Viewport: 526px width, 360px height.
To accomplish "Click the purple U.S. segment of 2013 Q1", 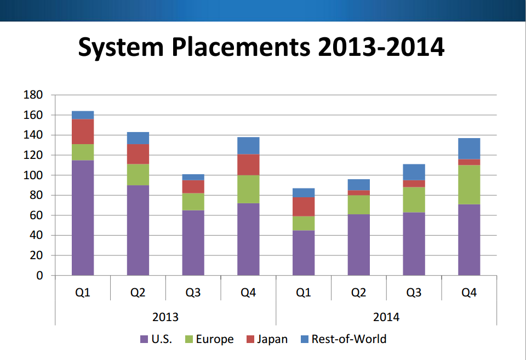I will (x=83, y=218).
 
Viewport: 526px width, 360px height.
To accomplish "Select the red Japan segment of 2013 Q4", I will (x=248, y=165).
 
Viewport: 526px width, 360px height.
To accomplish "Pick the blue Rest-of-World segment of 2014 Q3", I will (x=414, y=172).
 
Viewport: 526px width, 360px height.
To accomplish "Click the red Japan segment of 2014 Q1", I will (x=304, y=207).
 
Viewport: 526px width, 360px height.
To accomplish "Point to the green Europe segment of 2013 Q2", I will (x=138, y=174).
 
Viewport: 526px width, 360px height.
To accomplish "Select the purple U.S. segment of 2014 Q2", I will (x=358, y=244).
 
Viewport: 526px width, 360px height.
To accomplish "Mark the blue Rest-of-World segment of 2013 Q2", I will (x=138, y=138).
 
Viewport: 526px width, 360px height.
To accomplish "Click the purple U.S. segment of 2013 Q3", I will (x=193, y=243).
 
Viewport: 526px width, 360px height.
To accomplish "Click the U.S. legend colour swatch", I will (x=145, y=339).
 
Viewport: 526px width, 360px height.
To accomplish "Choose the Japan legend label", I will (x=272, y=339).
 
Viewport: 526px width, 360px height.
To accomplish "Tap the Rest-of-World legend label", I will (x=349, y=339).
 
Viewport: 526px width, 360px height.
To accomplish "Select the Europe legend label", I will (x=214, y=339).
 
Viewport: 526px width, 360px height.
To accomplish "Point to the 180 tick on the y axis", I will (x=33, y=95).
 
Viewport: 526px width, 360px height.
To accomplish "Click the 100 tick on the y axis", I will (x=33, y=175).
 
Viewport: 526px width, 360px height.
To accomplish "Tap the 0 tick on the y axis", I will (x=39, y=276).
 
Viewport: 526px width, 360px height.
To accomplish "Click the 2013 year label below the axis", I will (x=165, y=317).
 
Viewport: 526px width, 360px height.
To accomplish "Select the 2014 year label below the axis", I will (x=386, y=317).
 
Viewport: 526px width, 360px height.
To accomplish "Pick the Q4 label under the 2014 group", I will (x=469, y=293).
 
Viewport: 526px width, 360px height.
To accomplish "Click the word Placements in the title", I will (x=238, y=48).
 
